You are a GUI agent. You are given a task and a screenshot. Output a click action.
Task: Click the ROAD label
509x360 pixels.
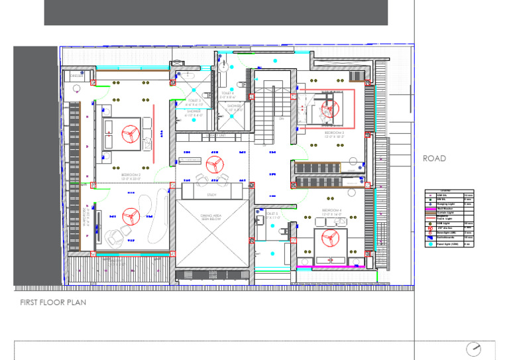click(434, 158)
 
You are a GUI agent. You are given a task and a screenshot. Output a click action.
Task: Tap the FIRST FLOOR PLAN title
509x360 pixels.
click(53, 302)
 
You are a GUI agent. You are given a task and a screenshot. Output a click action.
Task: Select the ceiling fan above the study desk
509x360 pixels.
click(213, 165)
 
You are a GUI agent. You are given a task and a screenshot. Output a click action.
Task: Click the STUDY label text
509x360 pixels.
click(212, 195)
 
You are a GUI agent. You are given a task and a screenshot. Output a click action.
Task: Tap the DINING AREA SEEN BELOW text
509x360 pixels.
click(213, 218)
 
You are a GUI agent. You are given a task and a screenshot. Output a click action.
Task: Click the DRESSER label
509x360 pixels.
click(76, 77)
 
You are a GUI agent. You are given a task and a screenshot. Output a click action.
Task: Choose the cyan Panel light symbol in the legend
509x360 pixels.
click(430, 244)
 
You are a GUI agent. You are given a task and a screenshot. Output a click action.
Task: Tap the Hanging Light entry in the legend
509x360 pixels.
click(445, 204)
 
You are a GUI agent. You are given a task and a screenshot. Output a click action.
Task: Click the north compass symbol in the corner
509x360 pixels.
click(474, 349)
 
